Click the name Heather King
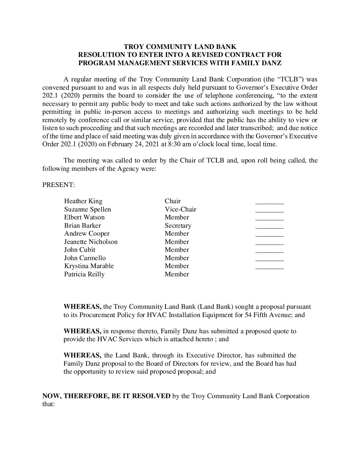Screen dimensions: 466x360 tap(83, 201)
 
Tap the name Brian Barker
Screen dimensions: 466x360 tap(82, 226)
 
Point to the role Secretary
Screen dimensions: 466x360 tap(178, 226)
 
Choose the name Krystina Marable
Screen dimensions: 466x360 tap(89, 266)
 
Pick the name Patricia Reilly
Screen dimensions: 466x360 tap(84, 274)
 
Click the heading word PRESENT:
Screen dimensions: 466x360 tap(59, 185)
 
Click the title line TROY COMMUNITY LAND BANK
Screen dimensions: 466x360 tap(180, 47)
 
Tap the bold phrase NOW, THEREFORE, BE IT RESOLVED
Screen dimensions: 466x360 tap(106, 396)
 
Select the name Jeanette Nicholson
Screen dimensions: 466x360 tap(91, 242)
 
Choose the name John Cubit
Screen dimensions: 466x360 tap(79, 250)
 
